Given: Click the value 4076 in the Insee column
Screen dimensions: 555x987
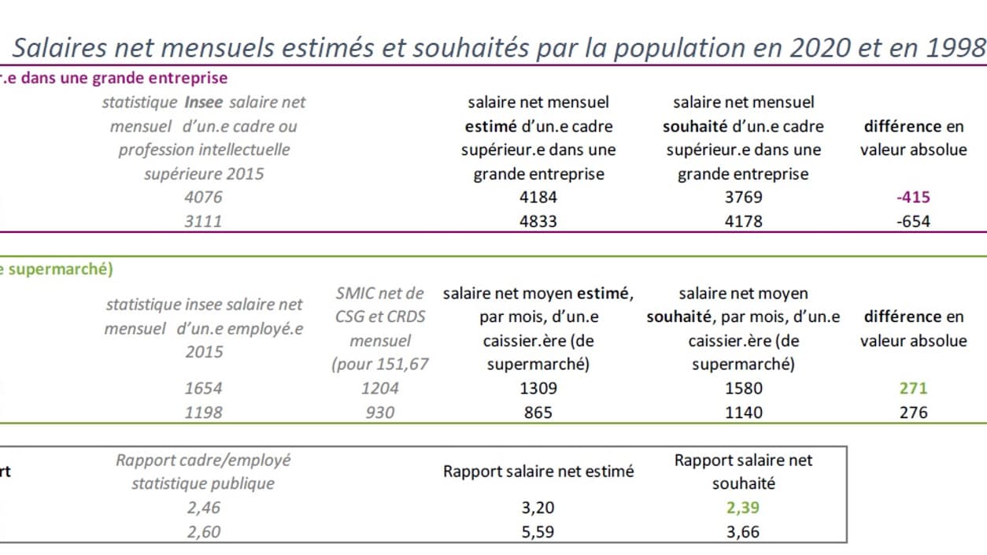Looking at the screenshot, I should (204, 198).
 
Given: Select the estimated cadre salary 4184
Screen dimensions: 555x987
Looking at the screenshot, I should (538, 198).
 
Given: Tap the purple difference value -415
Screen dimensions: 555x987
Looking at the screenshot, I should (913, 198).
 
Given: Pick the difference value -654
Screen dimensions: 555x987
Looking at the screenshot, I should (913, 221).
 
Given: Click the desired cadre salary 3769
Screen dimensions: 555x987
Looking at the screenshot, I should (743, 198).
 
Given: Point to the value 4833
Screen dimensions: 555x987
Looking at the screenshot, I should (538, 221).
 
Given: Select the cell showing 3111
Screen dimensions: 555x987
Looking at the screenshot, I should (204, 221).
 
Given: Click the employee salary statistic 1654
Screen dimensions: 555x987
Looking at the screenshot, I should (204, 388).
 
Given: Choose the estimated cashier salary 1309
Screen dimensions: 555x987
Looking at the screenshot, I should (538, 388).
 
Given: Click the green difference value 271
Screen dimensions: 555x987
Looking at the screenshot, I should (913, 388).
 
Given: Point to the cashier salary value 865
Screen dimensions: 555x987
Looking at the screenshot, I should (538, 412).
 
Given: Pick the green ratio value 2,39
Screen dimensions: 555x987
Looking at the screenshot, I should (743, 508).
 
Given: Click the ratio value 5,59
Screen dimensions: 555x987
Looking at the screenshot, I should (538, 531).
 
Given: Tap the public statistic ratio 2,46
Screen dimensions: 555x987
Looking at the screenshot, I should (204, 508).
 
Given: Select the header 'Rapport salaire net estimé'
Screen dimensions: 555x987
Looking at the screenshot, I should (538, 472).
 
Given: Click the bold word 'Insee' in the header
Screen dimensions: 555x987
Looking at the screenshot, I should (204, 102).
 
